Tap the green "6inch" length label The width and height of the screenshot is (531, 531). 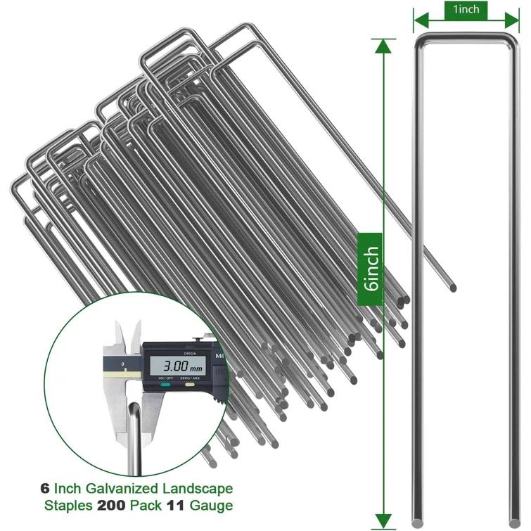(371, 267)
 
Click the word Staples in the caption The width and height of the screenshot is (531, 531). (72, 505)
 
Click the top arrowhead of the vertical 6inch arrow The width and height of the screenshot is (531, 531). (382, 45)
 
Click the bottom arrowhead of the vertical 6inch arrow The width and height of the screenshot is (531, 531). (382, 520)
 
